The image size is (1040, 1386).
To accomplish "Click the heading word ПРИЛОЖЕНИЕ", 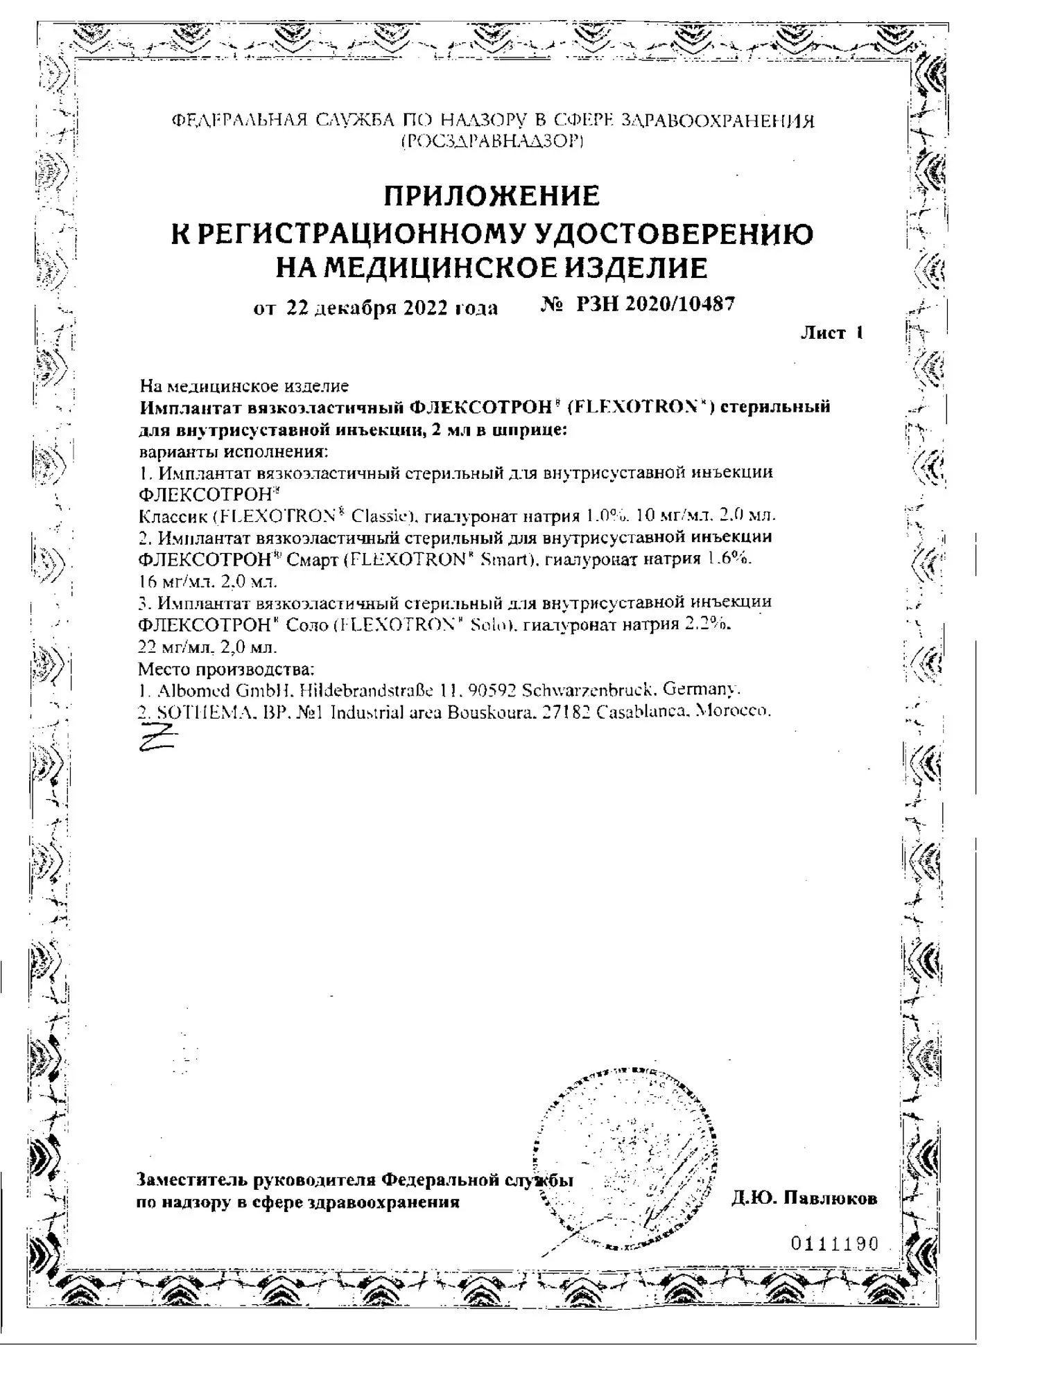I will [x=492, y=196].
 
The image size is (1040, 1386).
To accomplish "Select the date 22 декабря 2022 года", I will [x=392, y=307].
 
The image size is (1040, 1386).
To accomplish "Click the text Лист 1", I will [x=832, y=333].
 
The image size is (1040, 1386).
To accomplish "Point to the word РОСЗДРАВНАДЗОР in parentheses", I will [x=493, y=141].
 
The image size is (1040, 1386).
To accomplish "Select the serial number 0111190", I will [x=835, y=1244].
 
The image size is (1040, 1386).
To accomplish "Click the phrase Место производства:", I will [x=227, y=669].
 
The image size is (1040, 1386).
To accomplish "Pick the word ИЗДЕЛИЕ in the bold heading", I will [x=628, y=267].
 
